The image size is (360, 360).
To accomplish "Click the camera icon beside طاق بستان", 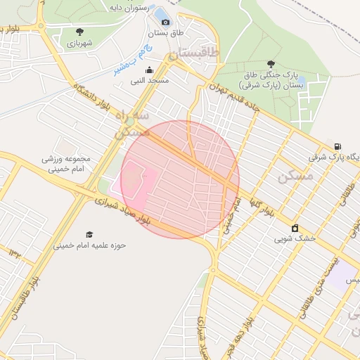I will point(165,22).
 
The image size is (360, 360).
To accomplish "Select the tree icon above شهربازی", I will point(79,32).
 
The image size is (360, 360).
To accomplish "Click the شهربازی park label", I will point(80,43).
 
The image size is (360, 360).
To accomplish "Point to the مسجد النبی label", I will point(149,81).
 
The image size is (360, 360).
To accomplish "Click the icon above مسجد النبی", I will point(149,70).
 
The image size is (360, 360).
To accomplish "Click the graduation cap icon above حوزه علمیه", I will point(89,235).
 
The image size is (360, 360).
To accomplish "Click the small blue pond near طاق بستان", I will point(161,13).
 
